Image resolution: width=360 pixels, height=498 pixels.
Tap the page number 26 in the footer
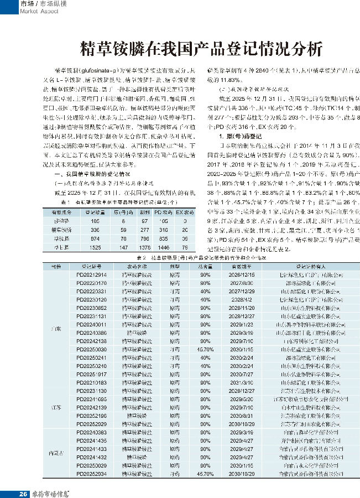point(23,492)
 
